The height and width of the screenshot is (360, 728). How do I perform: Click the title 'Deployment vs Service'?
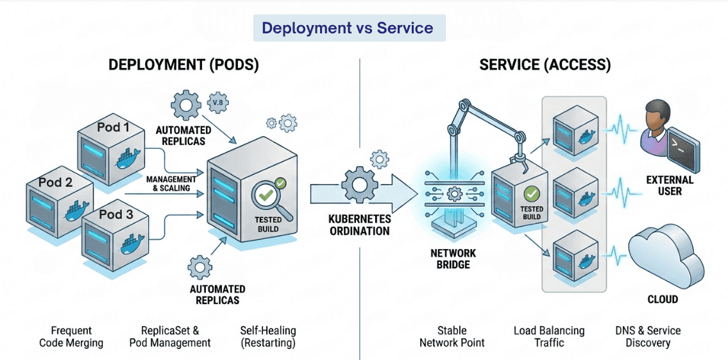pyautogui.click(x=348, y=28)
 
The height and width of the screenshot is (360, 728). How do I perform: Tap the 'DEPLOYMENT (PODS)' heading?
pyautogui.click(x=183, y=65)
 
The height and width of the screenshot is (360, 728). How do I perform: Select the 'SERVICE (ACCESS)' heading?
pyautogui.click(x=545, y=65)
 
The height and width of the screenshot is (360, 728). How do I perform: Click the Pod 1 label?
pyautogui.click(x=113, y=127)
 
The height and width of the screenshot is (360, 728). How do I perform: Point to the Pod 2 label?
pyautogui.click(x=55, y=182)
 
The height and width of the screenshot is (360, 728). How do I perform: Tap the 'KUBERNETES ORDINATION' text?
pyautogui.click(x=359, y=225)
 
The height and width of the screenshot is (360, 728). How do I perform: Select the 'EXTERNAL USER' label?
pyautogui.click(x=670, y=185)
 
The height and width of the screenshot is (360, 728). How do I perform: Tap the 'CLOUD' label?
pyautogui.click(x=663, y=299)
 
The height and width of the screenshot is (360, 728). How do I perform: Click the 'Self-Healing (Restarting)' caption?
pyautogui.click(x=268, y=337)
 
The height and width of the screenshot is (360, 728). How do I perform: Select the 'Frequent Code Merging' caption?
pyautogui.click(x=71, y=337)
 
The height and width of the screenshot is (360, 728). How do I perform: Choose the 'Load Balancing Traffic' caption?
pyautogui.click(x=549, y=337)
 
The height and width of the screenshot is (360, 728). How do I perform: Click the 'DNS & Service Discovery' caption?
pyautogui.click(x=648, y=337)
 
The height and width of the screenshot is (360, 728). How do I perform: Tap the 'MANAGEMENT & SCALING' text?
pyautogui.click(x=171, y=184)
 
